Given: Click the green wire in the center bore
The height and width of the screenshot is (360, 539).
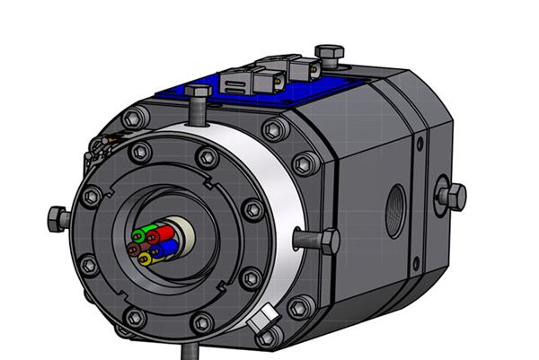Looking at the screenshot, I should pos(141,236).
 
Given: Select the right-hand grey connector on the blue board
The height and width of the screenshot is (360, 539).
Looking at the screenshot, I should pos(304,73).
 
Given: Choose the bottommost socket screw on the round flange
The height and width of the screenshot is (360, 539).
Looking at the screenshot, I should pos(136,317).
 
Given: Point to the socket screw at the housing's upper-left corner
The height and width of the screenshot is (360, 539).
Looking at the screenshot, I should pos(135,118).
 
